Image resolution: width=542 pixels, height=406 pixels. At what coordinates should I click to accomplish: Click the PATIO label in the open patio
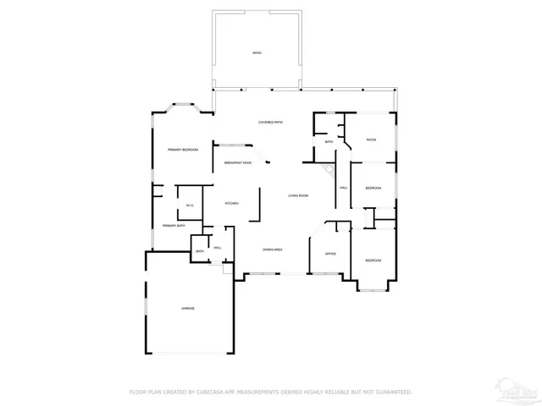(x=257, y=53)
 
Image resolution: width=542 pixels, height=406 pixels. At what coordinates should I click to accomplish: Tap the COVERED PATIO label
(x=271, y=123)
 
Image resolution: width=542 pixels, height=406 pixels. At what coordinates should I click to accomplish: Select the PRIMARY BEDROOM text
(x=183, y=150)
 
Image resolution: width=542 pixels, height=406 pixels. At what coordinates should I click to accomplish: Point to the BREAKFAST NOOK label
(x=237, y=162)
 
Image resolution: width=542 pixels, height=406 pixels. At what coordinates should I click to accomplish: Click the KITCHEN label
(x=231, y=204)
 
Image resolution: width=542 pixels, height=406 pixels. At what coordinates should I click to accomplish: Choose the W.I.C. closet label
(x=189, y=205)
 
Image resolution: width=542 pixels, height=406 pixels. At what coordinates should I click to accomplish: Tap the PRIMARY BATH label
(x=174, y=226)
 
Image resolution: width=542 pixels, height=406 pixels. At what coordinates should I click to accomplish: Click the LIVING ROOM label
(x=297, y=195)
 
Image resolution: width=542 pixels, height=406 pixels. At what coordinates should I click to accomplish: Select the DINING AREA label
(x=272, y=250)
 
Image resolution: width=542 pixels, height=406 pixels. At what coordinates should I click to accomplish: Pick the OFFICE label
(x=331, y=253)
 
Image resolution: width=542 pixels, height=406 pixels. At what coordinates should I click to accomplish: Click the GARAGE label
(x=187, y=308)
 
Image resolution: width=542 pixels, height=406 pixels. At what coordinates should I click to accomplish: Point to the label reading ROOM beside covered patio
(x=371, y=140)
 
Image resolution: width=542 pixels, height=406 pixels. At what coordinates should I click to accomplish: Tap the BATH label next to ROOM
(x=329, y=142)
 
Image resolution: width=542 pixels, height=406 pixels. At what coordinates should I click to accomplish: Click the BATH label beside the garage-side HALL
(x=200, y=251)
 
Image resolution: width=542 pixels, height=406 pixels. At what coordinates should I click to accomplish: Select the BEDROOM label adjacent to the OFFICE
(x=373, y=261)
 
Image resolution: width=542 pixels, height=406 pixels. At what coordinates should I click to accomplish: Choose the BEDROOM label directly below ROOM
(x=373, y=187)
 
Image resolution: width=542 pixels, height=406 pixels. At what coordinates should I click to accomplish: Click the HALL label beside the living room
(x=343, y=187)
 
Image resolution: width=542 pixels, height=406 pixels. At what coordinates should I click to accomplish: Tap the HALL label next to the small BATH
(x=217, y=247)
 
